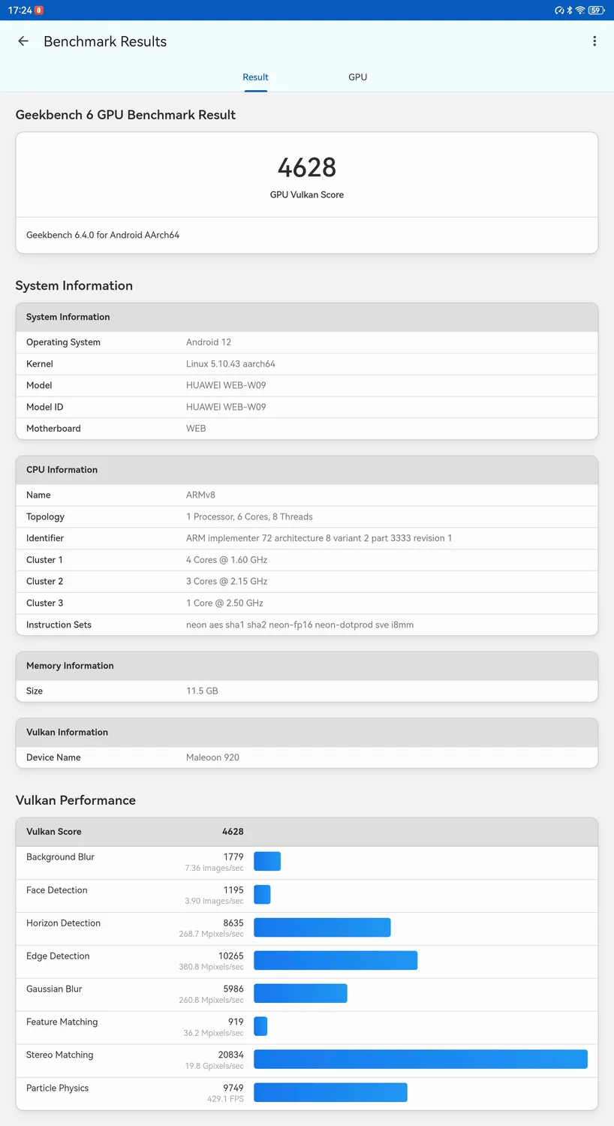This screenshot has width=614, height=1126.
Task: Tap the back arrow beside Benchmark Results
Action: [x=23, y=41]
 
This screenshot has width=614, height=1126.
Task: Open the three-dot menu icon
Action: [x=594, y=41]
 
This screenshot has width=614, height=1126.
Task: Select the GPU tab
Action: [x=357, y=77]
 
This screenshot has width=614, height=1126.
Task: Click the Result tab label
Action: [x=255, y=77]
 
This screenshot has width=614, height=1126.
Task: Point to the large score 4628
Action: [x=306, y=167]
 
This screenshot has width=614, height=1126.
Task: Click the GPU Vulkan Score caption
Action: [x=306, y=194]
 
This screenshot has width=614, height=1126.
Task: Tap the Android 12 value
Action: [x=209, y=342]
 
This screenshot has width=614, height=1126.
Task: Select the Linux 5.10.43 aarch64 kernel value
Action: [x=230, y=364]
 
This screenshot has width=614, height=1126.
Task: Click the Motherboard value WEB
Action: [x=196, y=429]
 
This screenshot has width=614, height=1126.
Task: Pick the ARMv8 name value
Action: [x=200, y=495]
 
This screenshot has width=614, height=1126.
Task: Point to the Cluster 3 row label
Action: [x=44, y=603]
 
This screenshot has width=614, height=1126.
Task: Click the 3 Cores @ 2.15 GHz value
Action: [x=227, y=582]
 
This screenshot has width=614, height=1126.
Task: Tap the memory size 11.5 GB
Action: [x=202, y=691]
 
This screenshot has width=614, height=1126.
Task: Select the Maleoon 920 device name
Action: [x=212, y=757]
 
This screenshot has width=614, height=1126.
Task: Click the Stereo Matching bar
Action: [x=420, y=1059]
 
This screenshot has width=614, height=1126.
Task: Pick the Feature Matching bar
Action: [x=260, y=1026]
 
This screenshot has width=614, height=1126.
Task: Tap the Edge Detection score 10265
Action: [x=230, y=956]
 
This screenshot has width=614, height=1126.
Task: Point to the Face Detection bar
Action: [x=262, y=894]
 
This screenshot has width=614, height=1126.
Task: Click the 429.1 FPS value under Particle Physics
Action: [x=225, y=1099]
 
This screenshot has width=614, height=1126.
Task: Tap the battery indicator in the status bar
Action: [x=596, y=11]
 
